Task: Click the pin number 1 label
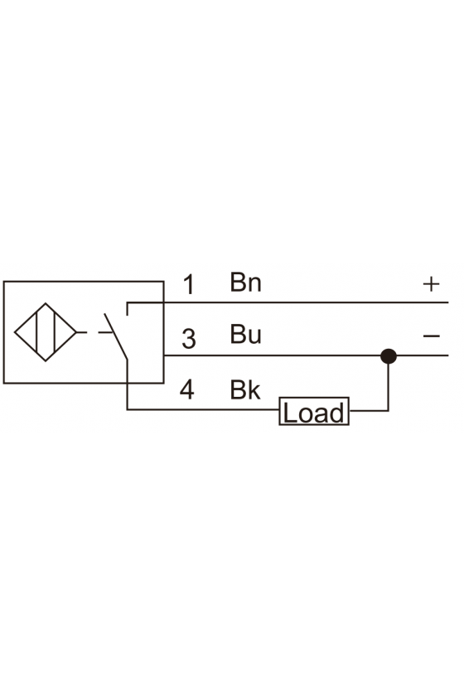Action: (x=190, y=284)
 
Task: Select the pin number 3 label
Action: (x=189, y=339)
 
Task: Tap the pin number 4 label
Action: (x=187, y=389)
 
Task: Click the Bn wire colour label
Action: (x=245, y=282)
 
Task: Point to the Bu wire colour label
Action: (x=245, y=334)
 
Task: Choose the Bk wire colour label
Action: (x=245, y=389)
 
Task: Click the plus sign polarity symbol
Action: (x=431, y=283)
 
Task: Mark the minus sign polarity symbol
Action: (x=431, y=336)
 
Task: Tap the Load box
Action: (x=314, y=412)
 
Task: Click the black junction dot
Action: (x=389, y=356)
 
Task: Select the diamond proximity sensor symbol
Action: (x=46, y=332)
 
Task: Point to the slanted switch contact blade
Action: (x=116, y=336)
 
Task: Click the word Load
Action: (x=313, y=413)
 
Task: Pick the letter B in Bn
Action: (x=238, y=282)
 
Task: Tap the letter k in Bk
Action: (x=254, y=389)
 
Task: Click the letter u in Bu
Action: (x=254, y=337)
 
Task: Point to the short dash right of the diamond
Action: (x=82, y=332)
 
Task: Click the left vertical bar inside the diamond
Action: (x=37, y=332)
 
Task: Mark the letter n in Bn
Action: (x=255, y=284)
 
